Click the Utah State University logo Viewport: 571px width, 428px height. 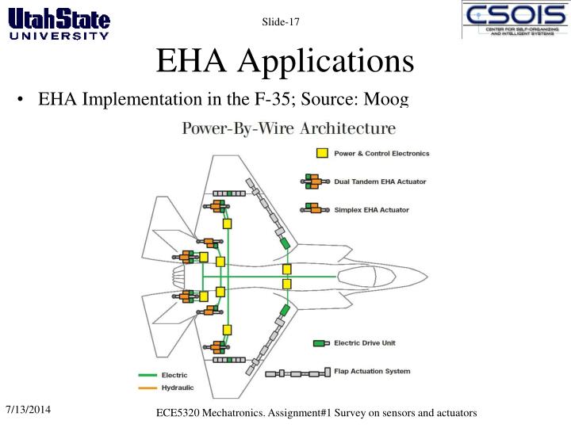point(59,21)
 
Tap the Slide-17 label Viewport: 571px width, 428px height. point(281,22)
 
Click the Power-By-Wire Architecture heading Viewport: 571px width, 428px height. point(290,128)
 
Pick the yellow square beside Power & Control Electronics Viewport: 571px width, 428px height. point(322,154)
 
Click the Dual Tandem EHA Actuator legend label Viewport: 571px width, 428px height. point(380,182)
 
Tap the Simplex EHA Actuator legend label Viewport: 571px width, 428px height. point(372,210)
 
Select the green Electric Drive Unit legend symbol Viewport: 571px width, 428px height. point(320,343)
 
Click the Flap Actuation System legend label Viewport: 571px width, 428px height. point(372,371)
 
